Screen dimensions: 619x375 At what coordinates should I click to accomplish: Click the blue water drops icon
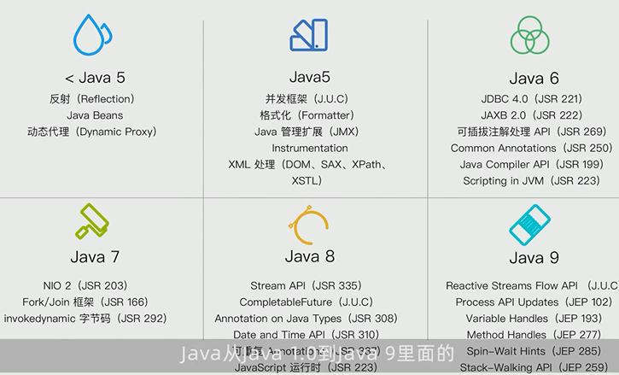tap(93, 35)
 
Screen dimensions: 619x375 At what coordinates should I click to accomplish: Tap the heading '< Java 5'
tap(95, 77)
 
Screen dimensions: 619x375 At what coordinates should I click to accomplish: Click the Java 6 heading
tap(534, 78)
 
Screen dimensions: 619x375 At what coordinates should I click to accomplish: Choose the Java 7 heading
tap(94, 256)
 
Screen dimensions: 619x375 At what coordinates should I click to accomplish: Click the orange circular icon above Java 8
tap(309, 224)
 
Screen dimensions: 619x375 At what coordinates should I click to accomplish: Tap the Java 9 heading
tap(534, 257)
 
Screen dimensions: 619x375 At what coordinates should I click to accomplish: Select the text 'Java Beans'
tap(95, 115)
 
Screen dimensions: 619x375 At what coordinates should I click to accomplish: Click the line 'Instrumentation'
tap(310, 148)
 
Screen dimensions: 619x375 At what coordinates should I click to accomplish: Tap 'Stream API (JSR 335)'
tap(306, 285)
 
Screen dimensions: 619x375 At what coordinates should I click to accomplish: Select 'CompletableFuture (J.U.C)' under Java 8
tap(306, 302)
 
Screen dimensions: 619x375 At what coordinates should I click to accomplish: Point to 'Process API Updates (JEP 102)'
tap(534, 302)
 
